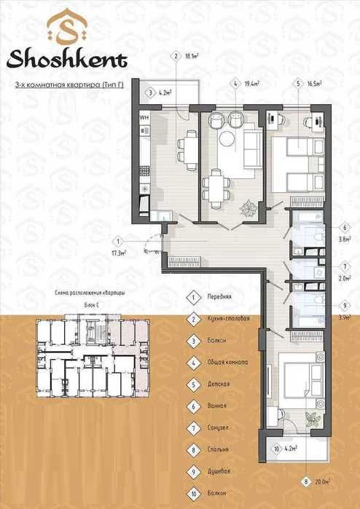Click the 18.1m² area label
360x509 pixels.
pos(192,55)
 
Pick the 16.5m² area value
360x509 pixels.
pos(315,84)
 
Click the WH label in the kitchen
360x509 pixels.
pos(144,116)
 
